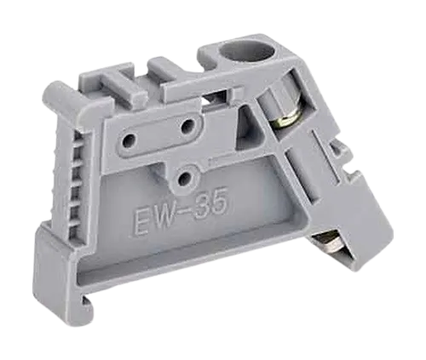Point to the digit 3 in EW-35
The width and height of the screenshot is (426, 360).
[x=204, y=206]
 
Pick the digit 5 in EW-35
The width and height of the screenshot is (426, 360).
[x=222, y=201]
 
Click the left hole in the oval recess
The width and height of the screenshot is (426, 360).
[x=130, y=140]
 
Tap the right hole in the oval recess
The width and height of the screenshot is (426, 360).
[x=187, y=126]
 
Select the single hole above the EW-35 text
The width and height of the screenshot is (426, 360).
[x=185, y=178]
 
